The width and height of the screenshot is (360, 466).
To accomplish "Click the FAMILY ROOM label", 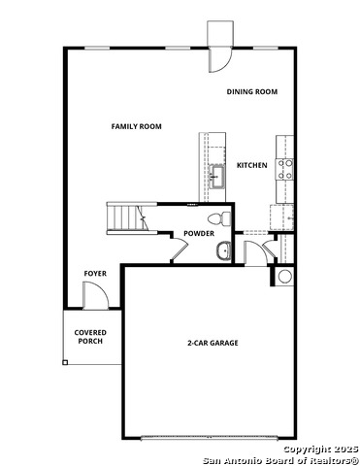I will pos(136,126).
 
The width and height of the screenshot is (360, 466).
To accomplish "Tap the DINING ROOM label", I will pos(252,91).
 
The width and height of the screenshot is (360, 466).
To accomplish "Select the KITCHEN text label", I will pos(251,165).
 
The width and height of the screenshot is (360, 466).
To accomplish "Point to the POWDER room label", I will pos(198,234).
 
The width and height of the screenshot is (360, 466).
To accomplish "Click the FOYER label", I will pos(94,274).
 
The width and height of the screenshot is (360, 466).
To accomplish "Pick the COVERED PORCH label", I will pos(90,337).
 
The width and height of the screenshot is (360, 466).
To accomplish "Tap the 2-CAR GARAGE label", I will pos(213,343).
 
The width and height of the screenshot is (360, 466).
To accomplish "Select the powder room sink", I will pos(224,250).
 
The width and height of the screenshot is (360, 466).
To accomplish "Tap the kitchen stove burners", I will pos(286,170).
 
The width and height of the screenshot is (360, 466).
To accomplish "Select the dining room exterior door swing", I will pos(219,58).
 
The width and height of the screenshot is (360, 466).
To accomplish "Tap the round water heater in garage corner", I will pos(285,278).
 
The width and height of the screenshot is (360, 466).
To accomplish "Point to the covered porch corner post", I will pos(65,362).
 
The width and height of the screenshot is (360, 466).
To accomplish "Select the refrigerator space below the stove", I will pos(282,216).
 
